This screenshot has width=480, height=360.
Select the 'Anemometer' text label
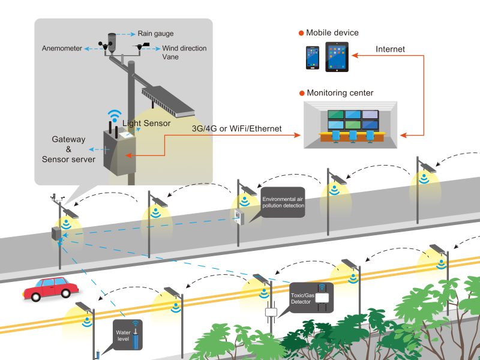[62, 48]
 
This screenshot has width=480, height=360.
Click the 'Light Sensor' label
[146, 123]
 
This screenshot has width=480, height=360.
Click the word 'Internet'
[390, 49]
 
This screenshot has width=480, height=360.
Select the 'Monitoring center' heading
[340, 93]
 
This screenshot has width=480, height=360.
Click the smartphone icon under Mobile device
[312, 58]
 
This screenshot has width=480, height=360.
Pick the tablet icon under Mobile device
[337, 57]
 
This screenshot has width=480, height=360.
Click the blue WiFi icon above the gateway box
[113, 116]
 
